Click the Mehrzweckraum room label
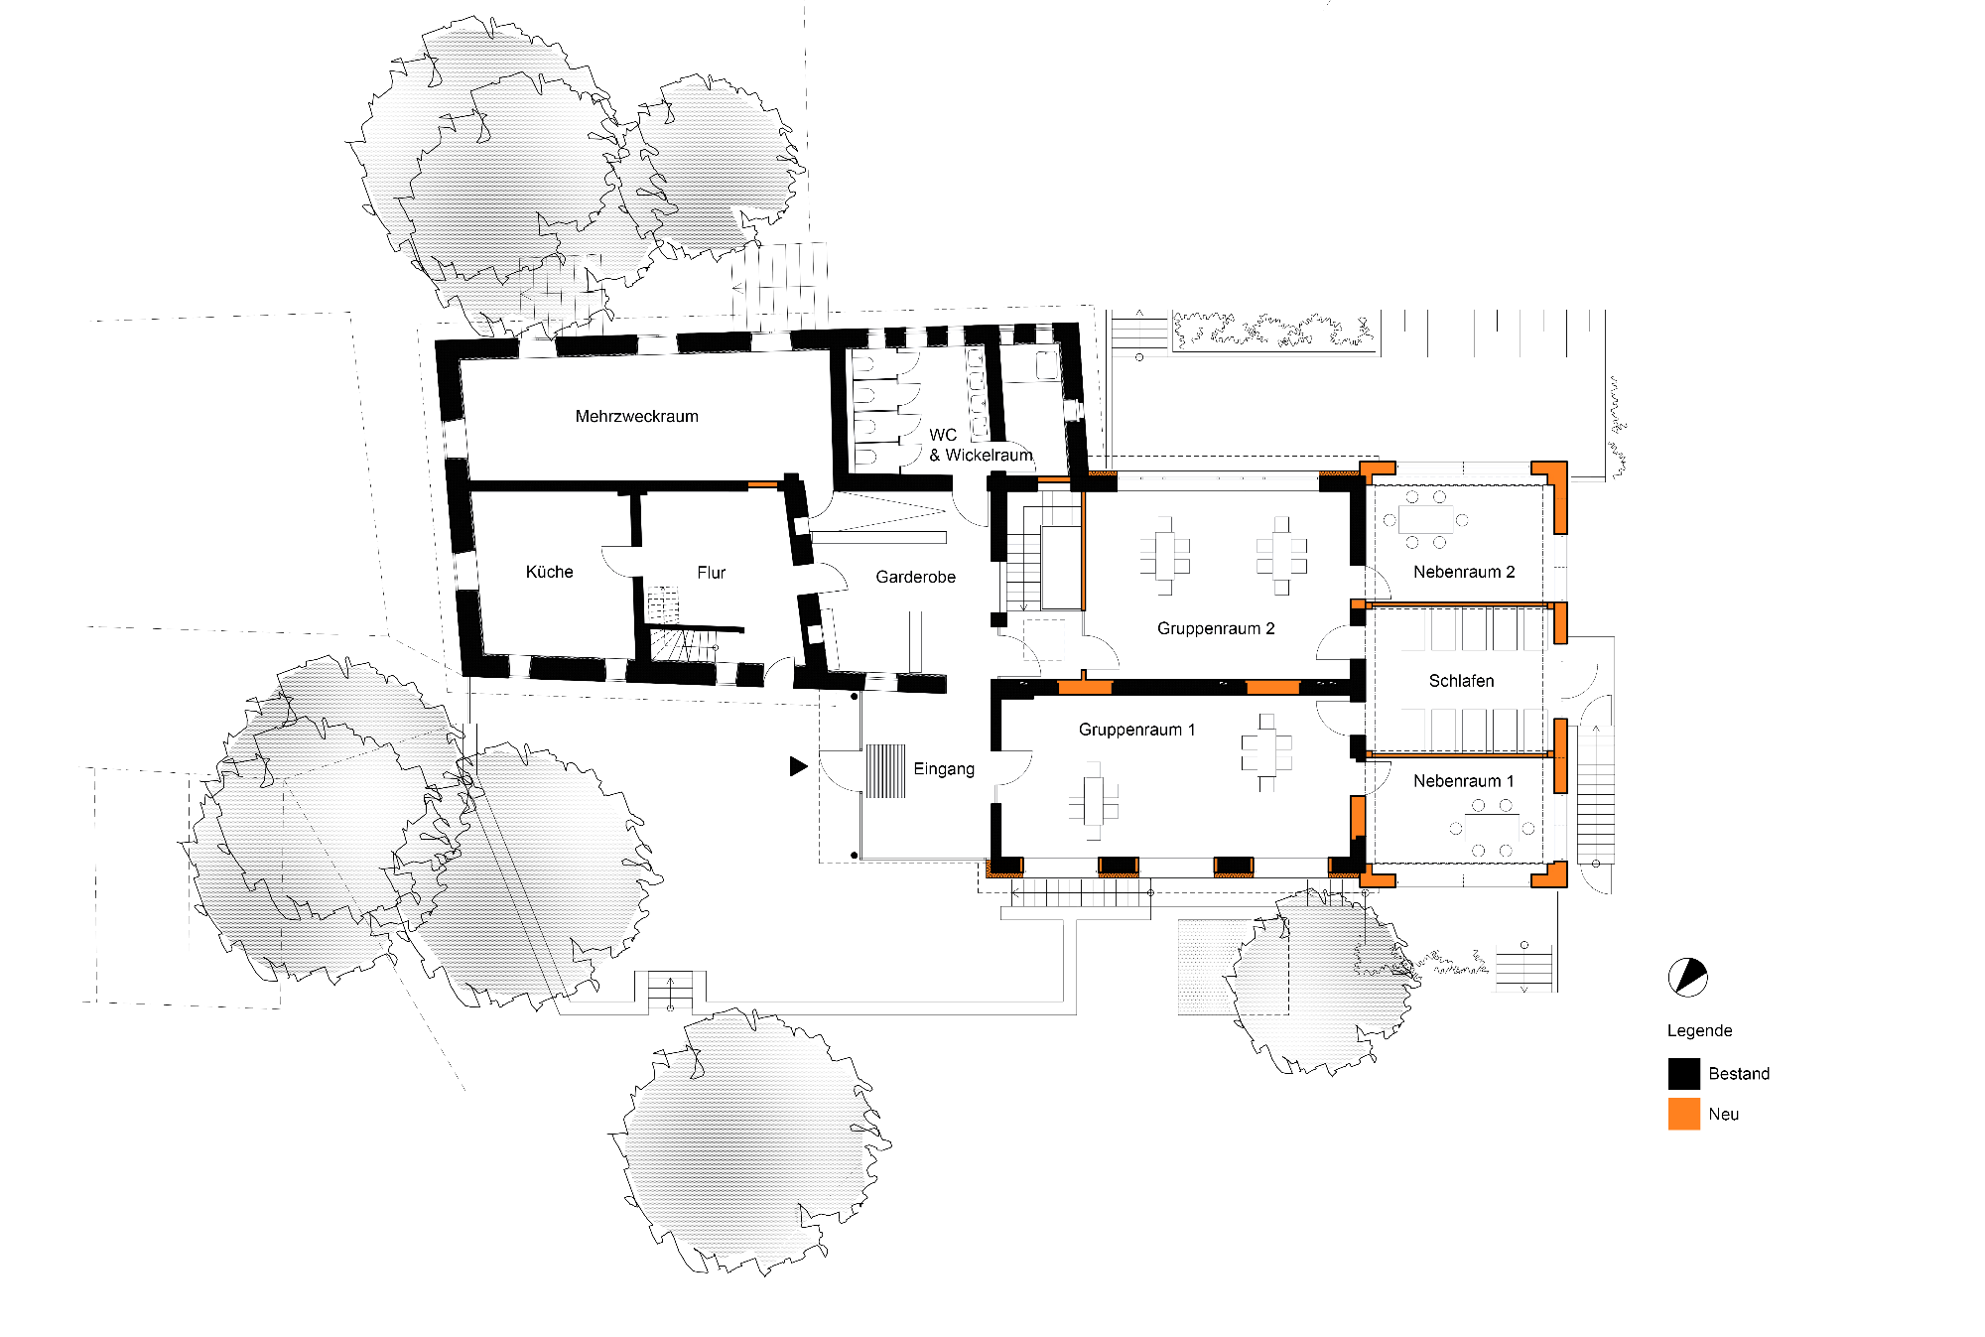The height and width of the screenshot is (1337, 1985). pyautogui.click(x=636, y=416)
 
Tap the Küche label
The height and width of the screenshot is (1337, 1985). pyautogui.click(x=549, y=572)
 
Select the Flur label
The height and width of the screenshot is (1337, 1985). pyautogui.click(x=711, y=573)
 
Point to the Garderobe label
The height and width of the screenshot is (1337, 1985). pyautogui.click(x=915, y=577)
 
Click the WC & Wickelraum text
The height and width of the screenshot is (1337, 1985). pyautogui.click(x=981, y=445)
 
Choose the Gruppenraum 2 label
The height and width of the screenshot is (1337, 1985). pyautogui.click(x=1216, y=628)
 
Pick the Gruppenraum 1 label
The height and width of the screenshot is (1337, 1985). pyautogui.click(x=1136, y=730)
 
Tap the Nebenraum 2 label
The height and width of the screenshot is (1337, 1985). pyautogui.click(x=1464, y=572)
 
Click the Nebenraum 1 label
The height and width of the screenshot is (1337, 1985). pyautogui.click(x=1464, y=781)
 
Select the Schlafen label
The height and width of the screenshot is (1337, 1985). pyautogui.click(x=1461, y=681)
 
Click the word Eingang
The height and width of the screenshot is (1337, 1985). pyautogui.click(x=944, y=769)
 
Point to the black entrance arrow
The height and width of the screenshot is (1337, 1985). pyautogui.click(x=798, y=766)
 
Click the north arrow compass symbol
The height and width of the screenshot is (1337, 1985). pyautogui.click(x=1687, y=978)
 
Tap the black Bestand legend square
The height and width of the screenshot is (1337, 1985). pyautogui.click(x=1684, y=1074)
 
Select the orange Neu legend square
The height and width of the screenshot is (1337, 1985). pyautogui.click(x=1684, y=1114)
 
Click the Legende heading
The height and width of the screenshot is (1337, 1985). pyautogui.click(x=1699, y=1030)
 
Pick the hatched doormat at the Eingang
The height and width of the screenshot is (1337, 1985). pyautogui.click(x=886, y=771)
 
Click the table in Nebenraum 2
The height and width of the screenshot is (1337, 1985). pyautogui.click(x=1425, y=519)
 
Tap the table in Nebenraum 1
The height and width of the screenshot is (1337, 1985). pyautogui.click(x=1492, y=829)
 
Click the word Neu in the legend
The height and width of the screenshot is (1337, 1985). pyautogui.click(x=1724, y=1114)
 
